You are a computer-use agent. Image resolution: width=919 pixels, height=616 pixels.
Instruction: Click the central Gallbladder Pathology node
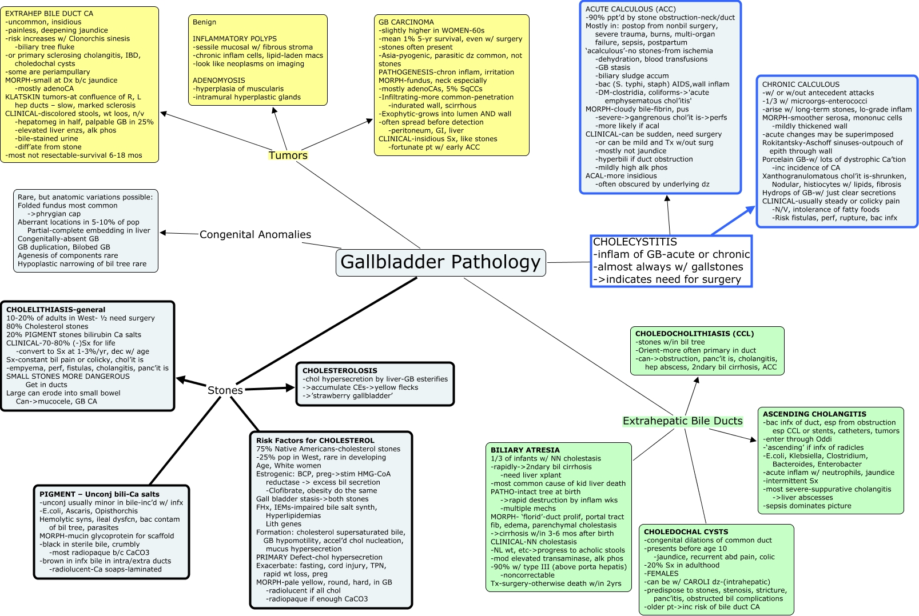pos(440,262)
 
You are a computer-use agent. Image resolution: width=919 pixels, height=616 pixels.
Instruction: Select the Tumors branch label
pos(288,155)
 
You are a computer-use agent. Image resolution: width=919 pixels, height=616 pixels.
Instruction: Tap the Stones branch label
pos(225,390)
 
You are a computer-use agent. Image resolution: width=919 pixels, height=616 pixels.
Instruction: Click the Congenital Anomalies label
pos(255,235)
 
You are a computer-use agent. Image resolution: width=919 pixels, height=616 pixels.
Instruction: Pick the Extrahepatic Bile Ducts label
pos(682,421)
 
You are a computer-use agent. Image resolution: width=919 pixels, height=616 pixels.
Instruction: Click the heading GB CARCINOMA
pos(406,22)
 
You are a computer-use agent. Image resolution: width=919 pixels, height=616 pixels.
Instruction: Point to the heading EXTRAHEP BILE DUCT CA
pos(49,14)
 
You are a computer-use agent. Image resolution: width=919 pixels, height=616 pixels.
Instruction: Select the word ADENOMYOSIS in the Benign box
pos(219,81)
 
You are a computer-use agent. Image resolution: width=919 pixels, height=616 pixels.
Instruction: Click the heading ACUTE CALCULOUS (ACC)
pos(630,9)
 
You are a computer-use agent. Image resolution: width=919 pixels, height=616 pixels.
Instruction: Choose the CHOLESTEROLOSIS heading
pos(340,371)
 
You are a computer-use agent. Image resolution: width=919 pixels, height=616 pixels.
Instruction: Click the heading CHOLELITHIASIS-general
pos(55,310)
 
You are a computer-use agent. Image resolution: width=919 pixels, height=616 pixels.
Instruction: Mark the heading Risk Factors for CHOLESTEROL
pos(315,441)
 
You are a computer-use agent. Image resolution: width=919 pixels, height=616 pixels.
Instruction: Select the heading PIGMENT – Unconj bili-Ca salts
pos(100,494)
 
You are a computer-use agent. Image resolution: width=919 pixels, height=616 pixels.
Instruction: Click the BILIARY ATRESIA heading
pos(525,450)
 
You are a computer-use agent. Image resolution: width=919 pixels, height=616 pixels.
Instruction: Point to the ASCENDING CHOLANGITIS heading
pos(814,414)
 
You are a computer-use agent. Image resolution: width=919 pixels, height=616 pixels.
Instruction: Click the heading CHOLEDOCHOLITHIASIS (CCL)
pos(694,334)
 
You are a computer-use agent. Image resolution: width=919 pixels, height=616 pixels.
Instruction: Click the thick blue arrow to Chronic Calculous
pos(734,221)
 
